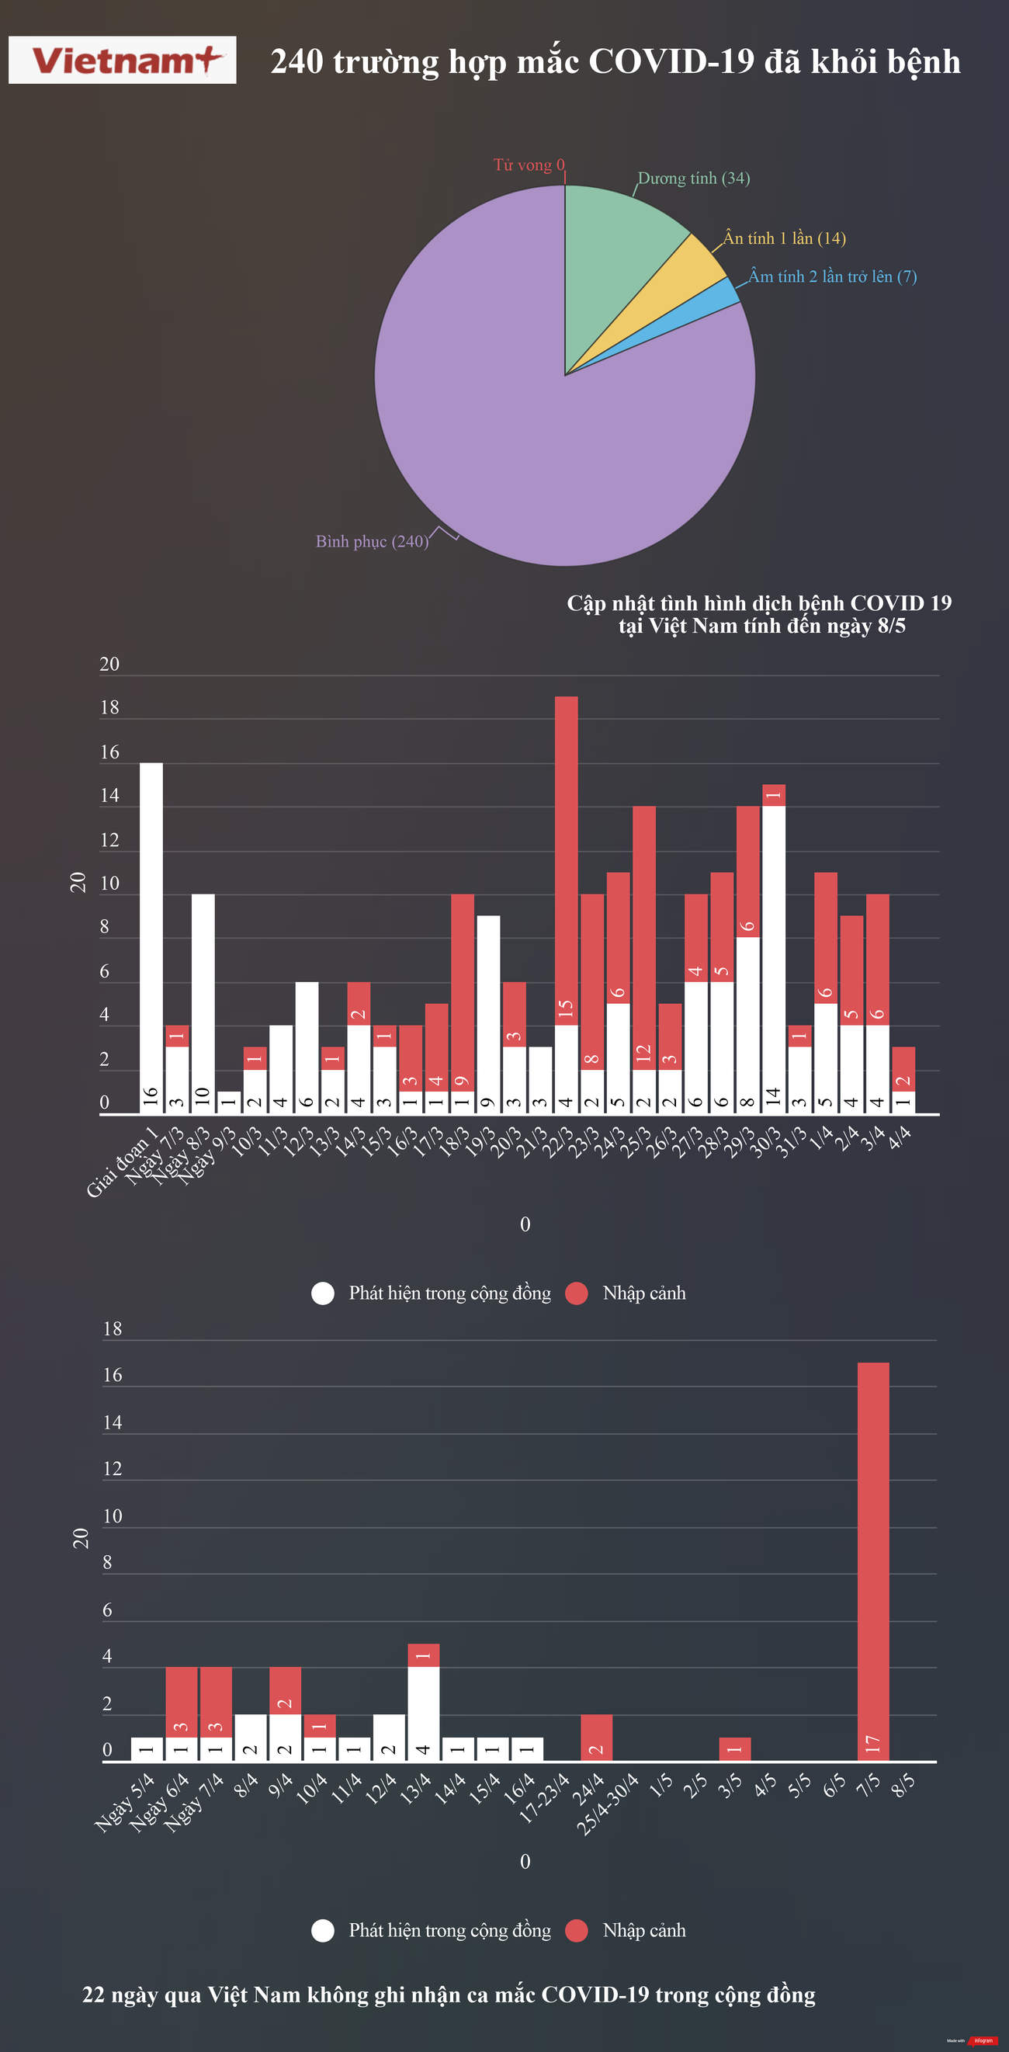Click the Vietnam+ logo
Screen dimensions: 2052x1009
122,60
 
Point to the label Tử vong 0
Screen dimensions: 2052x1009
529,165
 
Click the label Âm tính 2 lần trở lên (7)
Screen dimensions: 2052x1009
832,276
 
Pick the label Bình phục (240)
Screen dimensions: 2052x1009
372,542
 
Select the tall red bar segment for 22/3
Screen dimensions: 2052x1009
567,860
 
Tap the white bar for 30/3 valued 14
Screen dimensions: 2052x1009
773,956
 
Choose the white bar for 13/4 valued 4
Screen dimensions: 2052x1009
423,1713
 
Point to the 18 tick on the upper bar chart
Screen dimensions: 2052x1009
109,707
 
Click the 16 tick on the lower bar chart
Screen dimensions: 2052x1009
113,1375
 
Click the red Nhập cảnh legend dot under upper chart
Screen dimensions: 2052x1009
576,1293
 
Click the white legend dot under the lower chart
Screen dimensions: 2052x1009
323,1930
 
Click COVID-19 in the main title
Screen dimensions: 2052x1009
671,61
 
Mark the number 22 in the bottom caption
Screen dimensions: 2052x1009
93,1995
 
